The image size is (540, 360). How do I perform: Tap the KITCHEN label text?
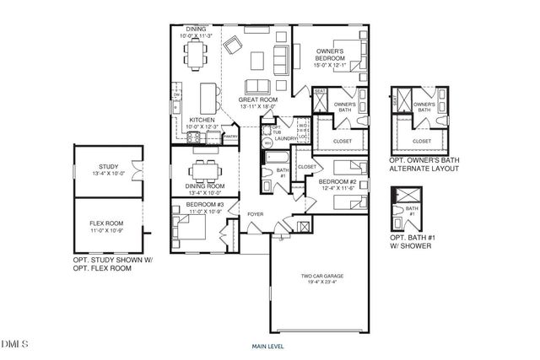(x=202, y=120)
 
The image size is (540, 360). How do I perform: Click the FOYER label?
(x=255, y=214)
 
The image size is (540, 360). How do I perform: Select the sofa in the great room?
(x=257, y=87)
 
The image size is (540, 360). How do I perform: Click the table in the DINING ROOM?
(x=202, y=171)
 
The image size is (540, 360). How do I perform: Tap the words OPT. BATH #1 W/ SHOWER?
(x=413, y=242)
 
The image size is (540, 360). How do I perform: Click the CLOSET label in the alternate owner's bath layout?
(x=421, y=141)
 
